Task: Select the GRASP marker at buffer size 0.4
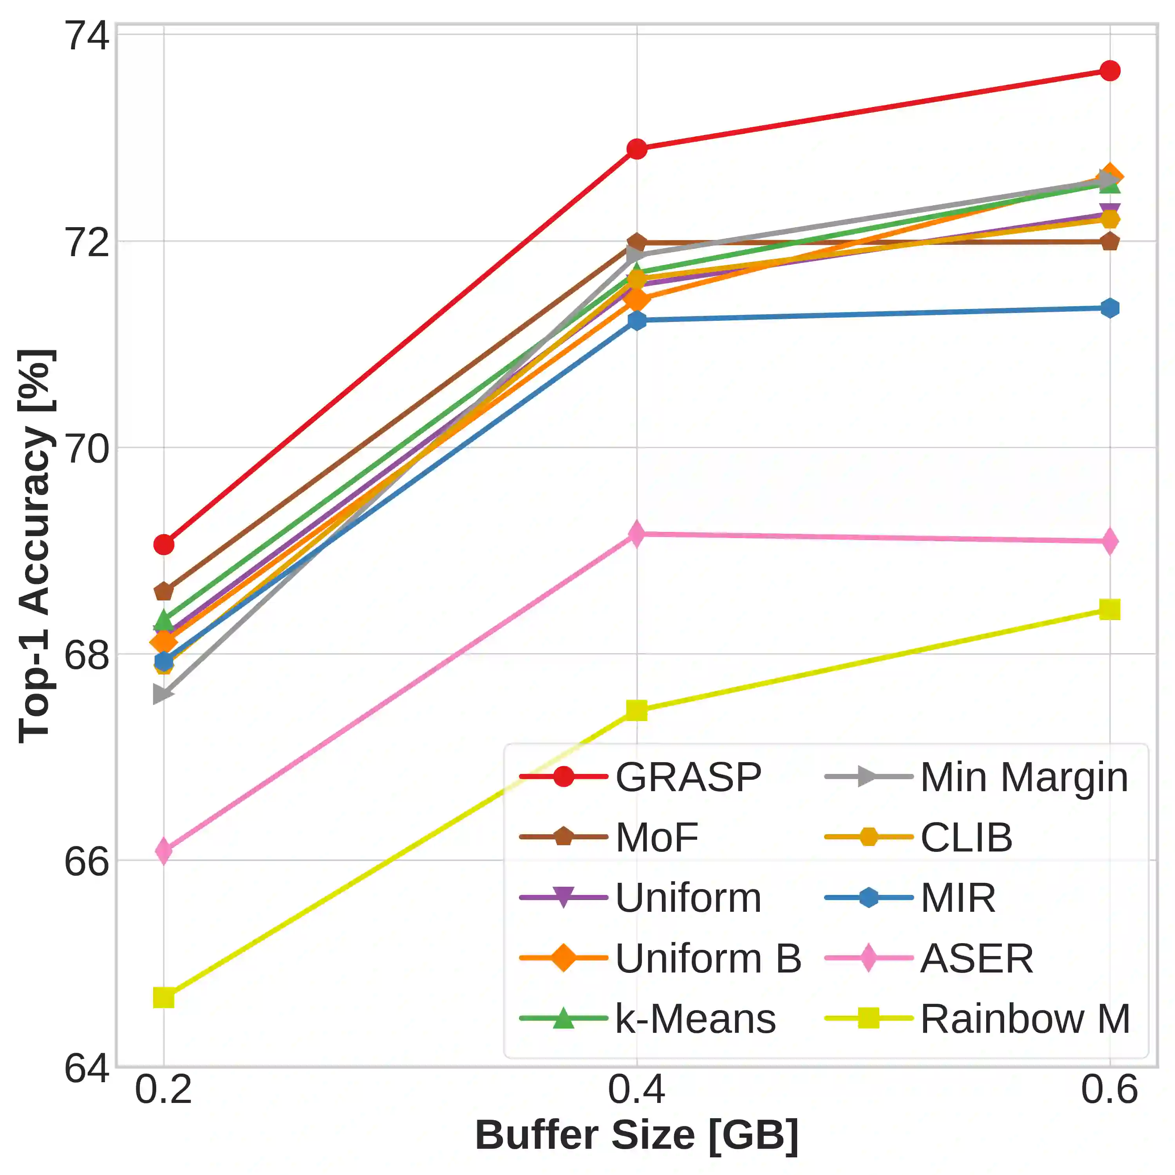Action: (x=637, y=148)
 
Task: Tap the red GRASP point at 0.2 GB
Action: (x=164, y=544)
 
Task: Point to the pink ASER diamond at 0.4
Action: (x=637, y=534)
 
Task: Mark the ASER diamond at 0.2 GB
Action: (x=164, y=850)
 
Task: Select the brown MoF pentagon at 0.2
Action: (x=164, y=591)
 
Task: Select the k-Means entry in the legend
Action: (x=696, y=1019)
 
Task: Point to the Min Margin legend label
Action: (x=1024, y=777)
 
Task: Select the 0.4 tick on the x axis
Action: (x=637, y=1089)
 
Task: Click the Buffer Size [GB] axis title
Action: (x=637, y=1135)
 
